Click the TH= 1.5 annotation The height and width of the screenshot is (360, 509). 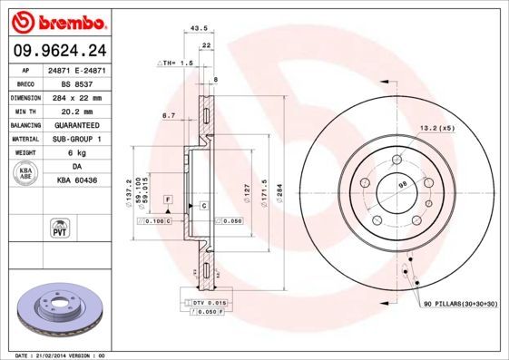(177, 63)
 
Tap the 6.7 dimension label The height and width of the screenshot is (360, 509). (168, 115)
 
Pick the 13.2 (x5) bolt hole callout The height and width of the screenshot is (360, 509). (436, 128)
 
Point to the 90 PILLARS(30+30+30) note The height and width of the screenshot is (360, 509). (458, 305)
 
